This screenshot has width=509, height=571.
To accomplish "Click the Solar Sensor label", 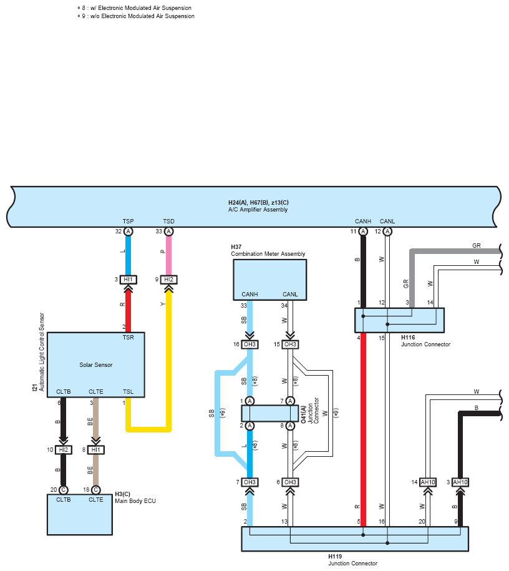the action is (x=96, y=365).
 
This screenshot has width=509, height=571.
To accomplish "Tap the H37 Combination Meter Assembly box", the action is (x=270, y=280).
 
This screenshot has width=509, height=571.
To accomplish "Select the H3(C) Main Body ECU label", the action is (x=135, y=497).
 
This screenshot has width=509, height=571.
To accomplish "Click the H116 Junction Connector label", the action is (x=425, y=341).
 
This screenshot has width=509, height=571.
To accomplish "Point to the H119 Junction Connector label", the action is (x=353, y=560).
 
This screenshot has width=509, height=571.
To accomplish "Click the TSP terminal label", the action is (x=128, y=222).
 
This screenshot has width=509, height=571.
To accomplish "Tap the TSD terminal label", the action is (x=168, y=222).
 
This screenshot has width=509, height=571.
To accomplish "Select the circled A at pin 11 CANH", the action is (x=363, y=232).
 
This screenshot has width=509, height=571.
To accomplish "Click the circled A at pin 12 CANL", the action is (x=387, y=232).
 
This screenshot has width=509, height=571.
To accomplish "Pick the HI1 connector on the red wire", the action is (x=128, y=280).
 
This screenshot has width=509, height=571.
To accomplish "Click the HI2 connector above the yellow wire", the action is (x=168, y=280).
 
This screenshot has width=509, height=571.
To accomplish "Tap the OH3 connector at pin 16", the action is (x=250, y=344).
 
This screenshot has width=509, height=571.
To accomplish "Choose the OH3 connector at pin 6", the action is (x=290, y=482).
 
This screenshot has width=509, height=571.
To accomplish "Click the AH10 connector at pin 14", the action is (x=428, y=482).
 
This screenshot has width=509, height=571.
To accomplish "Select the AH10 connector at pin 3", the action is (x=460, y=482).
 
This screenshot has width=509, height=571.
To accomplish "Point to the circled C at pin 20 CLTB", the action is (x=64, y=490).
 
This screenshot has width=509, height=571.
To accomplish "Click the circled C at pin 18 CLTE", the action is (x=96, y=490).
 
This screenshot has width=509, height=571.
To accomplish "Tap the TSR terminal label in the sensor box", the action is (x=128, y=338).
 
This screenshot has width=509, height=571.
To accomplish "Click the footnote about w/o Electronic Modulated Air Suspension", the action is (x=136, y=16).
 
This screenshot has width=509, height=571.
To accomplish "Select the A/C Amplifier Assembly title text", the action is (x=258, y=210).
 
